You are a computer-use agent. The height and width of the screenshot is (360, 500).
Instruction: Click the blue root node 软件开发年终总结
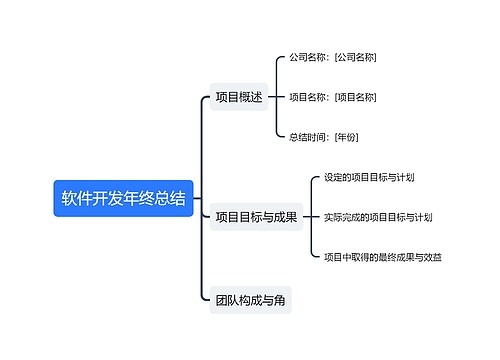(x=123, y=199)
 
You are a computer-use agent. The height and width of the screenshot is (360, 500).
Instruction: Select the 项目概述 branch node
(x=239, y=97)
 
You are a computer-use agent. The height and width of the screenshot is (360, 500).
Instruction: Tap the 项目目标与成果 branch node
(x=256, y=216)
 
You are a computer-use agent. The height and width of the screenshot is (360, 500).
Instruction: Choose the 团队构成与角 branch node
(x=250, y=299)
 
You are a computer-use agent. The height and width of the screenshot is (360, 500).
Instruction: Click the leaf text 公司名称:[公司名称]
(x=333, y=58)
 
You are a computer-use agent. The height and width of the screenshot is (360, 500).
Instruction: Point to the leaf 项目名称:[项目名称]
(x=333, y=97)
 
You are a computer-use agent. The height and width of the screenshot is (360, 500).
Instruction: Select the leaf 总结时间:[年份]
(x=323, y=136)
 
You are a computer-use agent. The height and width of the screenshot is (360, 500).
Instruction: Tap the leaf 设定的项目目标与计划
(x=370, y=177)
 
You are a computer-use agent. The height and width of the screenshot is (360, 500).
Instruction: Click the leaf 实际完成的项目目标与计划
(x=378, y=216)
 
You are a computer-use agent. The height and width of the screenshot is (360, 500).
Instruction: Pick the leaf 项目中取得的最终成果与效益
(x=383, y=257)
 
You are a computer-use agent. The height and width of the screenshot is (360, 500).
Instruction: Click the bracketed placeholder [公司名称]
(x=356, y=58)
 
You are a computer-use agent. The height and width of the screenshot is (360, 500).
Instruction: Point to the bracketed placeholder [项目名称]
(x=356, y=97)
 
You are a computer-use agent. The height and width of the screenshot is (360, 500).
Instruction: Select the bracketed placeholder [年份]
(x=346, y=136)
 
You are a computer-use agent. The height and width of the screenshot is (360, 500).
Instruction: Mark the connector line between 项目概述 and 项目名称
(x=275, y=97)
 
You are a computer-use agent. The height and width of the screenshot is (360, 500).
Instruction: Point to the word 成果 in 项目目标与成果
(x=284, y=216)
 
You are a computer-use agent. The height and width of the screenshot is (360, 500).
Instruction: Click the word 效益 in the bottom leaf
(x=431, y=257)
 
